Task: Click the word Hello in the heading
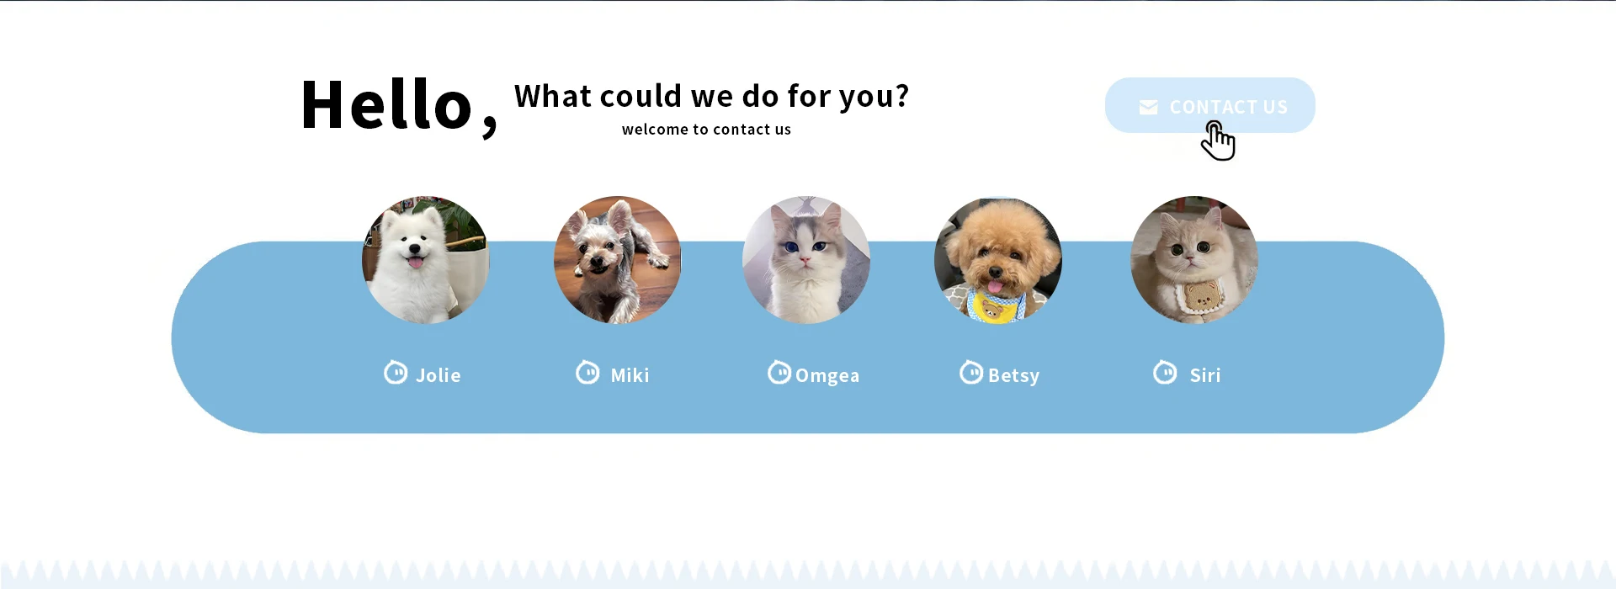pyautogui.click(x=386, y=104)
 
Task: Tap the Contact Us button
pyautogui.click(x=1209, y=105)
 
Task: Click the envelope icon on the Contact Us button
pyautogui.click(x=1148, y=107)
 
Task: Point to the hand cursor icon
pyautogui.click(x=1218, y=141)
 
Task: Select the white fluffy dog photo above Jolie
pyautogui.click(x=426, y=260)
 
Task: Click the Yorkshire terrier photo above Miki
pyautogui.click(x=618, y=260)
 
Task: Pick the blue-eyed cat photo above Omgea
pyautogui.click(x=806, y=260)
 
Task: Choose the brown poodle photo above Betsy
pyautogui.click(x=998, y=261)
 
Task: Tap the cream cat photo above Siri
pyautogui.click(x=1194, y=260)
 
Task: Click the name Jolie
pyautogui.click(x=439, y=375)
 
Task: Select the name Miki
pyautogui.click(x=630, y=375)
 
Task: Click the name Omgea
pyautogui.click(x=827, y=375)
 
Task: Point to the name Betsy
pyautogui.click(x=1014, y=375)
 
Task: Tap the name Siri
pyautogui.click(x=1205, y=375)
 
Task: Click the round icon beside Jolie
pyautogui.click(x=396, y=372)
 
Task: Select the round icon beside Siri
pyautogui.click(x=1165, y=372)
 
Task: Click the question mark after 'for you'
pyautogui.click(x=902, y=96)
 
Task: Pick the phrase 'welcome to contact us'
pyautogui.click(x=706, y=130)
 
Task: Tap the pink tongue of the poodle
pyautogui.click(x=995, y=287)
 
